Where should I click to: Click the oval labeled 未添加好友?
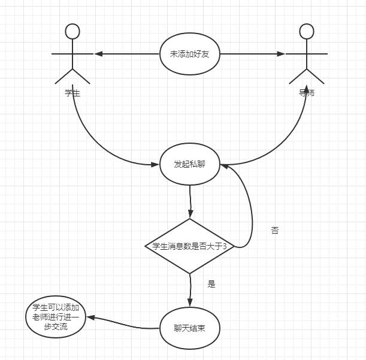(190, 54)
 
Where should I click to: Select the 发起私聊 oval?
(190, 165)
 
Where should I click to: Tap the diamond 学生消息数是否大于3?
(190, 246)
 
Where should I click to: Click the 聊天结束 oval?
(190, 329)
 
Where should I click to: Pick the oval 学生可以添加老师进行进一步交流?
(55, 317)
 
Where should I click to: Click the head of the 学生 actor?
(72, 31)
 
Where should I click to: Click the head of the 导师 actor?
(306, 31)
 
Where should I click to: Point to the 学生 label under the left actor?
(72, 93)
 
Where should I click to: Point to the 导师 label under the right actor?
(307, 93)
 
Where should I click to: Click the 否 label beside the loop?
(275, 231)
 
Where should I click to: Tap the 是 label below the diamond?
(211, 285)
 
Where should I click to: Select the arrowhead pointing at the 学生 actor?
(99, 54)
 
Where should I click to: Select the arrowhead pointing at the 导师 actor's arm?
(280, 54)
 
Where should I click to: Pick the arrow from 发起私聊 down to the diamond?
(190, 201)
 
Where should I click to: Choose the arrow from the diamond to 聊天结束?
(190, 291)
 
